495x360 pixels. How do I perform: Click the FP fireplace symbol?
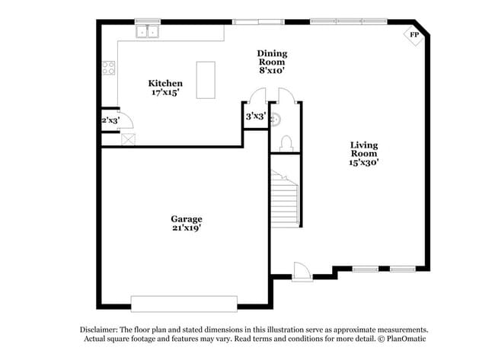[414, 35]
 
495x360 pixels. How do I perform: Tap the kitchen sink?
[147, 31]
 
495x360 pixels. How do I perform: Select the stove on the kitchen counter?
[109, 68]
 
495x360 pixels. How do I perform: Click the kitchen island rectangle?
[206, 80]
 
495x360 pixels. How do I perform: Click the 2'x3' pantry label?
[110, 119]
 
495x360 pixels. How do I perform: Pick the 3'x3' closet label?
[255, 116]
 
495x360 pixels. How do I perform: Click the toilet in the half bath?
[286, 143]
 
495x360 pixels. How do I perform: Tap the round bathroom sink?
[276, 117]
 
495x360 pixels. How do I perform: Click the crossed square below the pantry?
[128, 139]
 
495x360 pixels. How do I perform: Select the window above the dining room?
[257, 21]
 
